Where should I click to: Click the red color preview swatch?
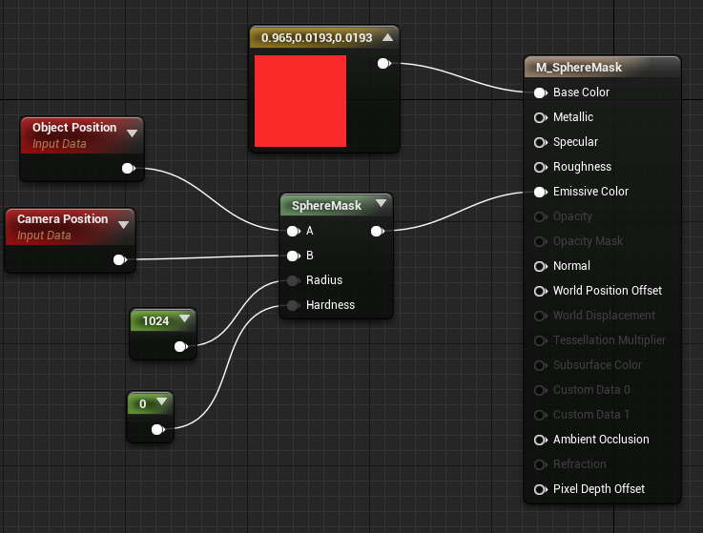pyautogui.click(x=300, y=101)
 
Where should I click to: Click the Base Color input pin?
pyautogui.click(x=541, y=92)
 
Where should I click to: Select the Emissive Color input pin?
pyautogui.click(x=541, y=192)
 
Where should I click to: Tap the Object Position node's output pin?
pyautogui.click(x=129, y=169)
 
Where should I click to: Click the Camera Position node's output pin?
pyautogui.click(x=120, y=260)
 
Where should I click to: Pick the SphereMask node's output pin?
pyautogui.click(x=378, y=232)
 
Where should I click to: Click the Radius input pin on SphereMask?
pyautogui.click(x=293, y=280)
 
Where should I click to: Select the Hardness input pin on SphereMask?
pyautogui.click(x=293, y=306)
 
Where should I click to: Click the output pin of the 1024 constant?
pyautogui.click(x=181, y=346)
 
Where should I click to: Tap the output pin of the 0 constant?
pyautogui.click(x=158, y=429)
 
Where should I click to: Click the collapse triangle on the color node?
pyautogui.click(x=388, y=37)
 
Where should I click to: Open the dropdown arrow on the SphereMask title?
pyautogui.click(x=382, y=203)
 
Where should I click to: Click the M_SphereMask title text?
pyautogui.click(x=579, y=68)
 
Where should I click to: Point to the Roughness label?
pyautogui.click(x=582, y=167)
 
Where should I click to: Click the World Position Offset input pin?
pyautogui.click(x=541, y=291)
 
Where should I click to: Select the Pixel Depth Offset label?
pyautogui.click(x=599, y=489)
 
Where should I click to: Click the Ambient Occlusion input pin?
pyautogui.click(x=541, y=440)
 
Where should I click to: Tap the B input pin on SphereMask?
pyautogui.click(x=293, y=256)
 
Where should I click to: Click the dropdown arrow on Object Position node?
pyautogui.click(x=132, y=133)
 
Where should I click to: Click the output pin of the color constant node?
pyautogui.click(x=384, y=64)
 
